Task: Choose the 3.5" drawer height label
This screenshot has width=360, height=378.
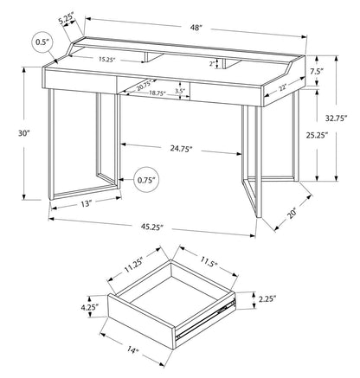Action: click(179, 89)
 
